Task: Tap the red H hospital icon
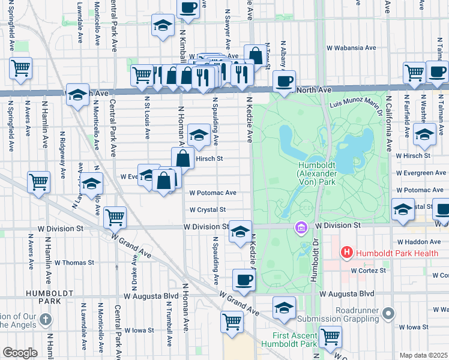[346, 253]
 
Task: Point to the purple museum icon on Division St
[301, 227]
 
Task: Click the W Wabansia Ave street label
[351, 47]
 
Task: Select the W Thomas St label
[74, 262]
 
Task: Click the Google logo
[20, 353]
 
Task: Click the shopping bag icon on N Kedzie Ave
[256, 55]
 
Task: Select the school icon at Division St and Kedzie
[240, 232]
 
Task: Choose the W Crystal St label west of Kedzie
[207, 210]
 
